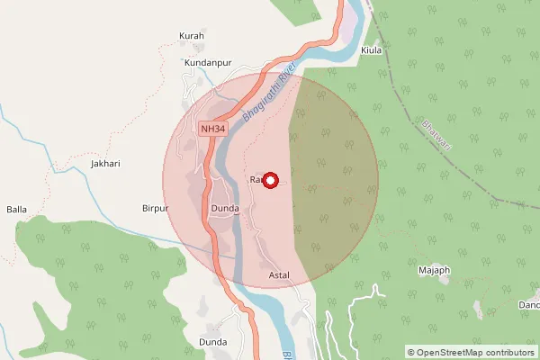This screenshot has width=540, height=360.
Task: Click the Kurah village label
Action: [x=192, y=36]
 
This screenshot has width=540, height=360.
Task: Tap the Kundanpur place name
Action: [x=208, y=63]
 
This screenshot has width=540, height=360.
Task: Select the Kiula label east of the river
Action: [x=373, y=50]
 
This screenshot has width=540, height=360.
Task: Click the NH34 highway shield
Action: [x=213, y=130]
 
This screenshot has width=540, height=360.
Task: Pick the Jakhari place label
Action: [x=105, y=165]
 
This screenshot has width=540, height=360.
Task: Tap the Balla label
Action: [x=17, y=210]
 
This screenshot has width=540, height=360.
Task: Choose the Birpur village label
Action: [x=156, y=208]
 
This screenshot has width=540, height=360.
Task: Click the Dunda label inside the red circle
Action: [x=224, y=209]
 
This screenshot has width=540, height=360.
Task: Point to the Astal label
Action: [x=280, y=272]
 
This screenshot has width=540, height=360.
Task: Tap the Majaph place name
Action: [x=434, y=269]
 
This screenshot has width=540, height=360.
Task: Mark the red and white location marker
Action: [x=269, y=180]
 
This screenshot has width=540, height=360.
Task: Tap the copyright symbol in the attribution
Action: [x=411, y=353]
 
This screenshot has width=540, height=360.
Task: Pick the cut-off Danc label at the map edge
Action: [x=529, y=305]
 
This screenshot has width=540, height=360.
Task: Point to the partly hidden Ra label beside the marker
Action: [x=255, y=180]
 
